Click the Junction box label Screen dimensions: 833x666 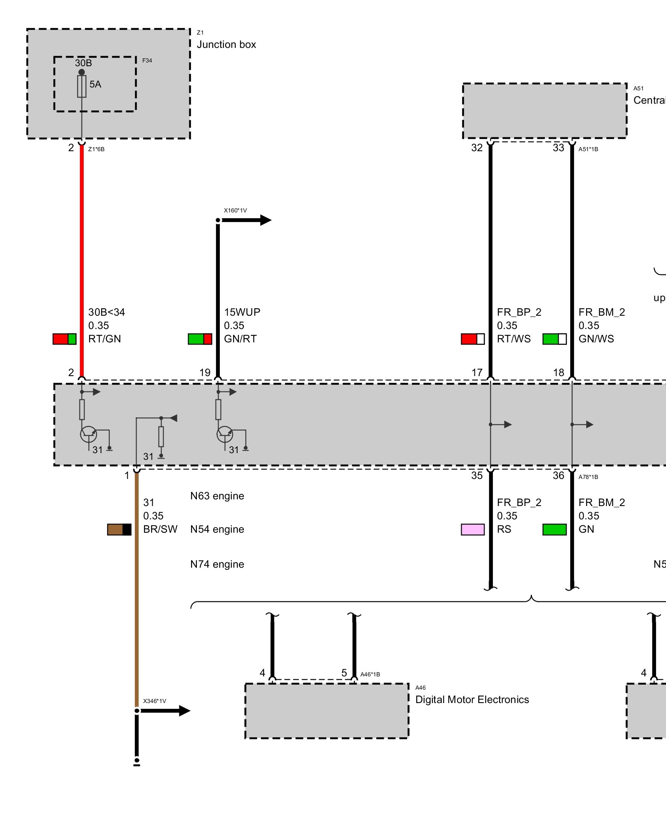pos(226,45)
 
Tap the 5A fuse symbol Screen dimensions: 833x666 pos(82,86)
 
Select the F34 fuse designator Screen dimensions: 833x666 pos(147,60)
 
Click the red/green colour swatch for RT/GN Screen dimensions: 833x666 pos(65,339)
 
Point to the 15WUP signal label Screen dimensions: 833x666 pos(242,312)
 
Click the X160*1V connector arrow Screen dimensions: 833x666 pos(246,220)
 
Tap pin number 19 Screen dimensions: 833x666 pos(205,372)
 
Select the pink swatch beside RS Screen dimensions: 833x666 pos(472,529)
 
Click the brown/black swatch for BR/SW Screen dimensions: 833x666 pos(119,529)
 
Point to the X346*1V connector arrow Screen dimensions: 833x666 pos(164,711)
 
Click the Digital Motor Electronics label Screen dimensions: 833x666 pos(472,699)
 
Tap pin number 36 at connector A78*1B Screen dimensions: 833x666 pos(558,476)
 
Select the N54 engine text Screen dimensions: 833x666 pos(217,529)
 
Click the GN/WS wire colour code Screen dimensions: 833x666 pos(596,339)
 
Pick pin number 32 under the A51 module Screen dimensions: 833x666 pos(477,148)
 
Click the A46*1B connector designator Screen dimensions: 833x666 pos(370,674)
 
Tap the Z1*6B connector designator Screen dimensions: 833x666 pos(96,149)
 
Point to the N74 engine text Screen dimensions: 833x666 pos(217,564)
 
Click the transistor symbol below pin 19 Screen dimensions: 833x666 pos(225,434)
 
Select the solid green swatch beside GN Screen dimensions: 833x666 pos(554,529)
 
